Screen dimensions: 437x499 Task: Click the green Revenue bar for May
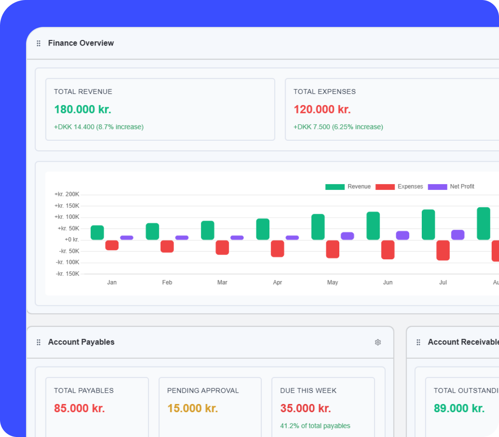(318, 227)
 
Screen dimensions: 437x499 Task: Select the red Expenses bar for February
(167, 246)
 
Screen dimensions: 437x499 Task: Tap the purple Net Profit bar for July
(458, 235)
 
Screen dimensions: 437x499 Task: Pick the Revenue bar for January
(97, 232)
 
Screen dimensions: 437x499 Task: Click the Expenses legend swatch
(384, 187)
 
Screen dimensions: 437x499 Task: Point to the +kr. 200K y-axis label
(67, 194)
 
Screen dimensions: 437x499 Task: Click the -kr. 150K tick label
(67, 274)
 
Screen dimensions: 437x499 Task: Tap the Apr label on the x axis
(278, 282)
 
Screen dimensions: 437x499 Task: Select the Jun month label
(388, 282)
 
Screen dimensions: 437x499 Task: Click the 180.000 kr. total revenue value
(82, 109)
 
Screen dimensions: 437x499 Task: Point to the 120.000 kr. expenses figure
(322, 109)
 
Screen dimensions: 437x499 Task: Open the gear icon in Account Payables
(378, 342)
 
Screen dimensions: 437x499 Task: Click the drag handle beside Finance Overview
(39, 43)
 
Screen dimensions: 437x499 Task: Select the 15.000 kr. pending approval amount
(193, 408)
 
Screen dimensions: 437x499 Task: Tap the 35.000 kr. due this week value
(305, 408)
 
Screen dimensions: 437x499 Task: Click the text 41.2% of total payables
(315, 426)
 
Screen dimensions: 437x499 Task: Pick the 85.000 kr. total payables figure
(79, 408)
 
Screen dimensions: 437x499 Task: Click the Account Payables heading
(81, 342)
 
